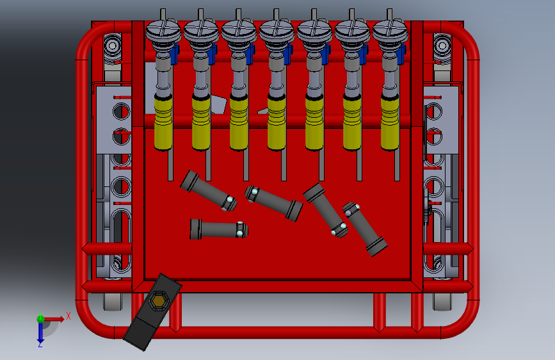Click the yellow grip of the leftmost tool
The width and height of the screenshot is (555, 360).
point(164,121)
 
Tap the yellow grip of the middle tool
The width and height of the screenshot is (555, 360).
point(277,122)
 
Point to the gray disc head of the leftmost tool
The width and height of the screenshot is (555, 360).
point(163,29)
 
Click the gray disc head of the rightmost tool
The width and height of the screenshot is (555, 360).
point(390,29)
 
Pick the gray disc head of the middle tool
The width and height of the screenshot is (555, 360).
point(277,29)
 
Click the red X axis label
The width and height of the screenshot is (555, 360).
point(68,316)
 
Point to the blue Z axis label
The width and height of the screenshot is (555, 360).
point(40,344)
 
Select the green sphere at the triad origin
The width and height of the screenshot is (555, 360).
point(40,318)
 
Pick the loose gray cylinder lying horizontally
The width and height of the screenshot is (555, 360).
point(218,229)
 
